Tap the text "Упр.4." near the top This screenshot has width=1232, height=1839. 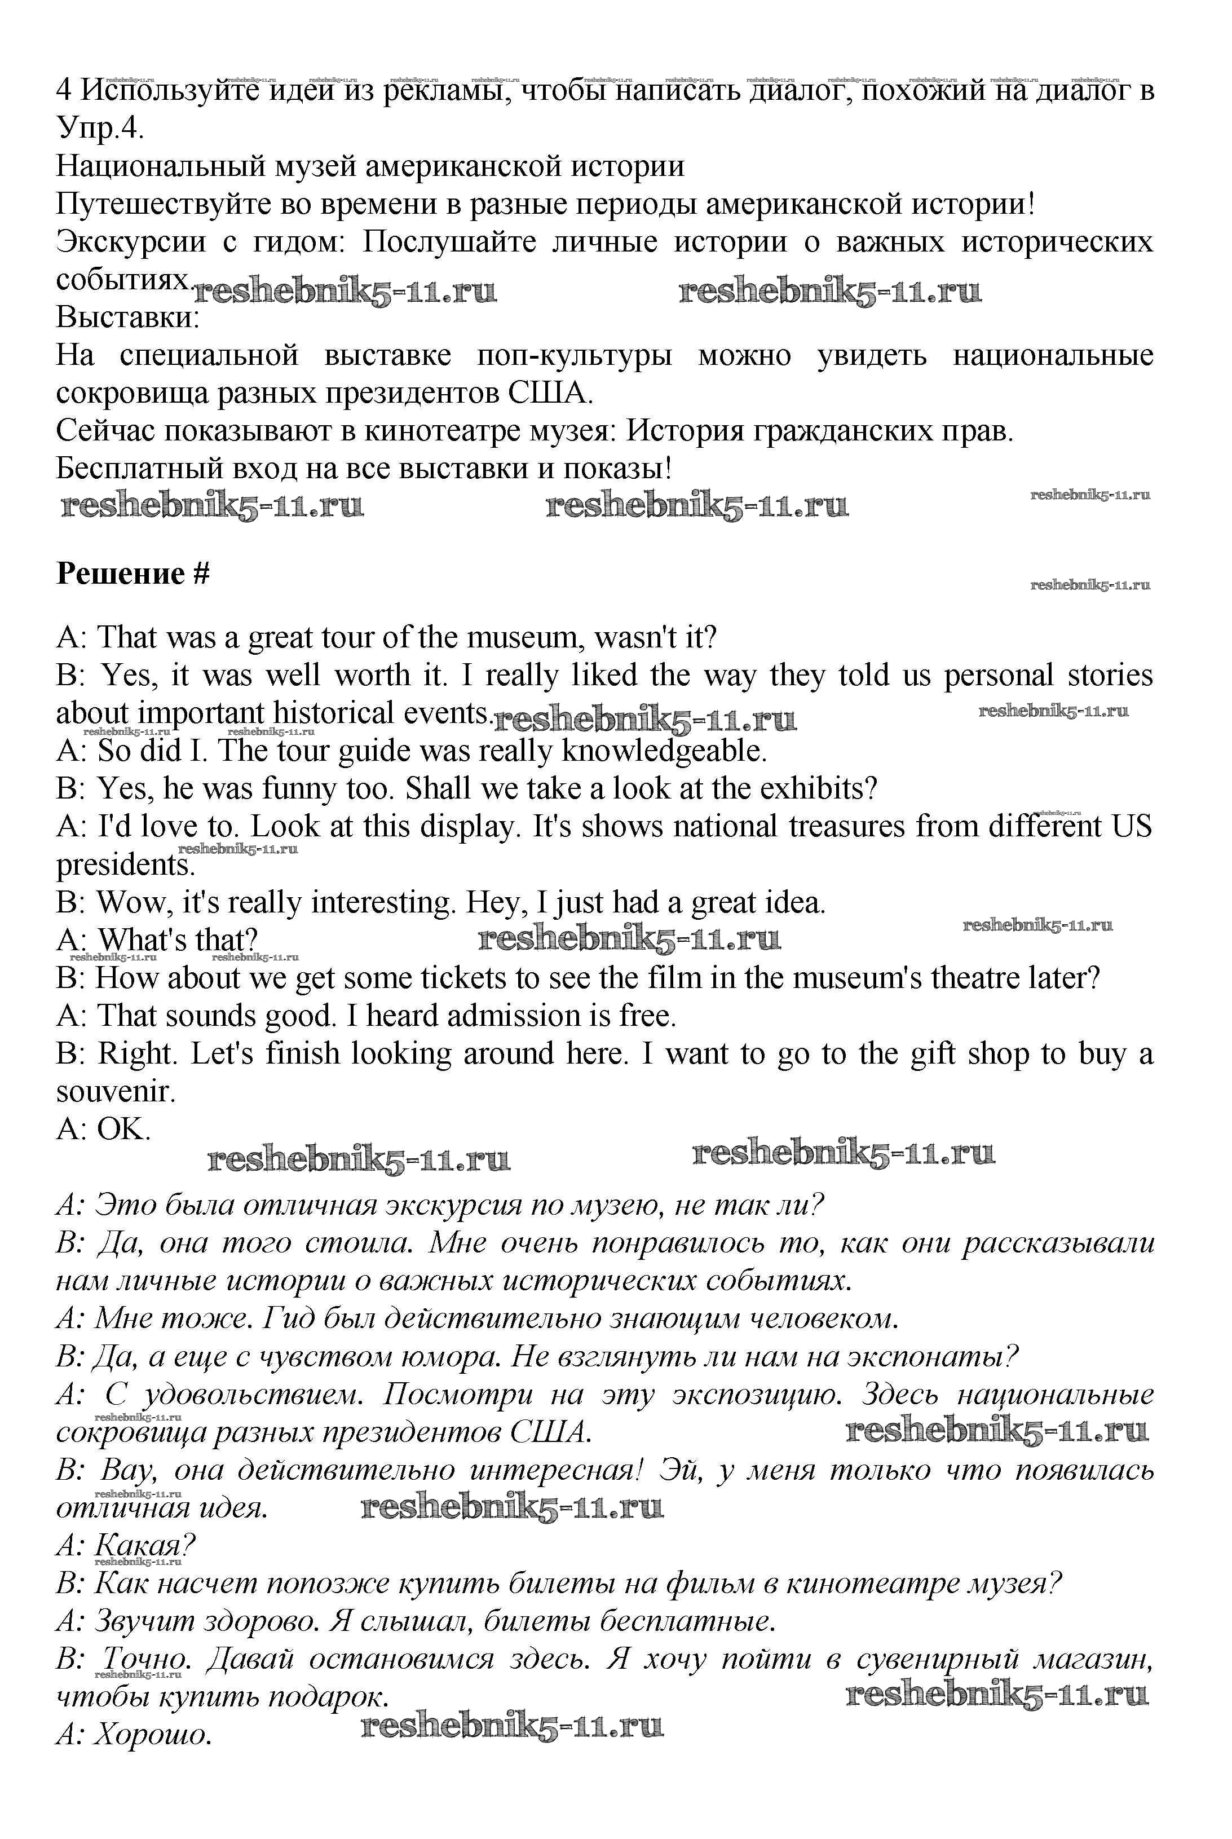click(100, 128)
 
